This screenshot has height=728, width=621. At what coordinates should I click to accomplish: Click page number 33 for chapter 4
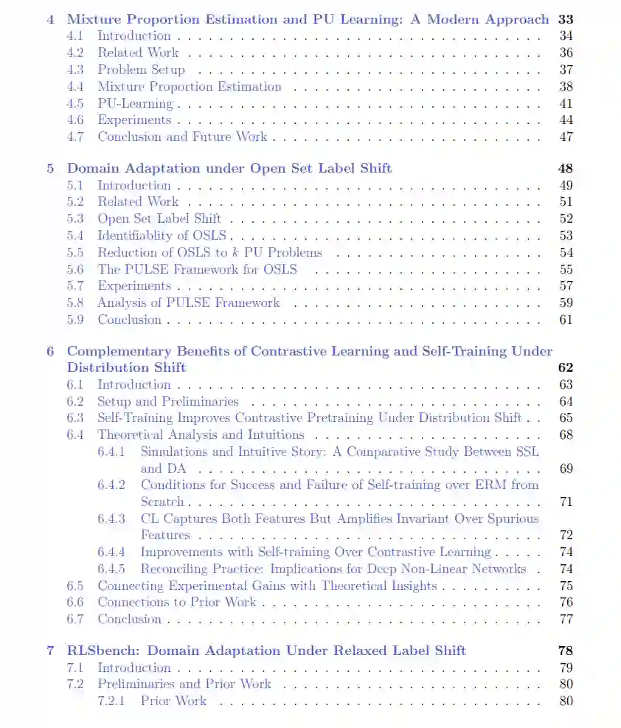(566, 20)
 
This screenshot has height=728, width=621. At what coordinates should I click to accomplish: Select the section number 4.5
(75, 104)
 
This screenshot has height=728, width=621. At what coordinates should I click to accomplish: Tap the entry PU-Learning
(135, 104)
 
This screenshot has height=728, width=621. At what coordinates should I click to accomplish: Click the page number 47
(566, 137)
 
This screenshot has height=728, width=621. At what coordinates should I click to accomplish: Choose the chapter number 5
(50, 169)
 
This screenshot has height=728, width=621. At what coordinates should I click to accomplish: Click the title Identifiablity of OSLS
(162, 236)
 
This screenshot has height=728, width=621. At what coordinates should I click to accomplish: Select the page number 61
(566, 320)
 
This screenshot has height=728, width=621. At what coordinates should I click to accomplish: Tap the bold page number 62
(566, 367)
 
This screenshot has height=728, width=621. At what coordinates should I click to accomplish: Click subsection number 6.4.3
(111, 519)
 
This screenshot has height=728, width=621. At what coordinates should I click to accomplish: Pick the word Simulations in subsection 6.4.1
(173, 452)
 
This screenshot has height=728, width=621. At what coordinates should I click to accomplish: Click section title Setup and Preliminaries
(167, 402)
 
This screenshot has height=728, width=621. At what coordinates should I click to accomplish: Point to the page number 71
(566, 502)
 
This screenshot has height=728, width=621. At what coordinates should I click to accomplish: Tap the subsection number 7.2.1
(111, 701)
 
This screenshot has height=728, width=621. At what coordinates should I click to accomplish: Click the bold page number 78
(566, 651)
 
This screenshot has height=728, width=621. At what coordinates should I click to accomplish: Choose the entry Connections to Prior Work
(177, 603)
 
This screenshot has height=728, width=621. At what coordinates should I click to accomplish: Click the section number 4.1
(75, 36)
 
